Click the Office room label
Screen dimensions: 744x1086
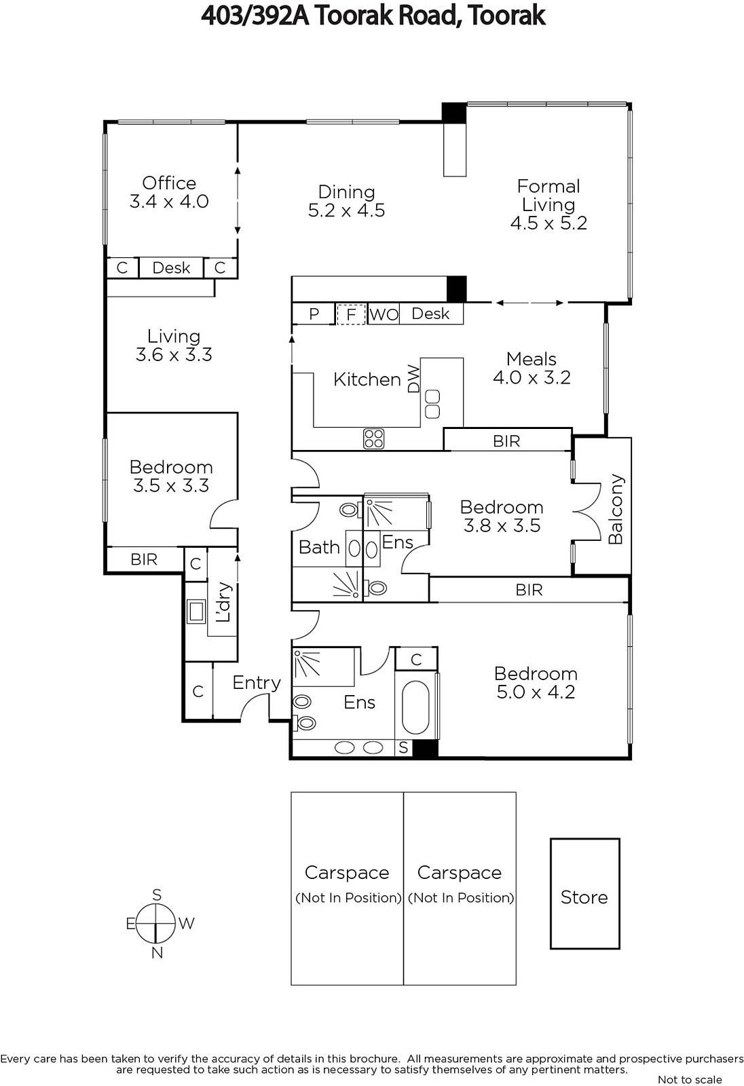169,183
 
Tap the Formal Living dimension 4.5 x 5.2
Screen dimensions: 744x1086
548,223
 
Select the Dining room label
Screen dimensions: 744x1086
346,192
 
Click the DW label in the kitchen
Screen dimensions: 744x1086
413,378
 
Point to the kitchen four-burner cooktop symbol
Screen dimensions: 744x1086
373,438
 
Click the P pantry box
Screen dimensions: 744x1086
314,314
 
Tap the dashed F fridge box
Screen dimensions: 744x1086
351,314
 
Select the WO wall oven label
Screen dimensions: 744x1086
384,315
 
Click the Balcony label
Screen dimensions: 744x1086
615,508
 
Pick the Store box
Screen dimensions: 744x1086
585,893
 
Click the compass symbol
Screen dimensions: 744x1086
156,924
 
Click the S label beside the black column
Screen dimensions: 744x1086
403,748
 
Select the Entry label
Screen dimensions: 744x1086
257,683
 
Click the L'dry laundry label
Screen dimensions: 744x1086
224,601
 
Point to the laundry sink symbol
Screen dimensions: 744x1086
196,612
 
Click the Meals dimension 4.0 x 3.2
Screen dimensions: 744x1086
532,377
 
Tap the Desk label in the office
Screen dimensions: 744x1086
171,267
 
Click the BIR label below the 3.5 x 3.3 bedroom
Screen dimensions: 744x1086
144,559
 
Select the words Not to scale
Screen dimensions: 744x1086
690,1079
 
